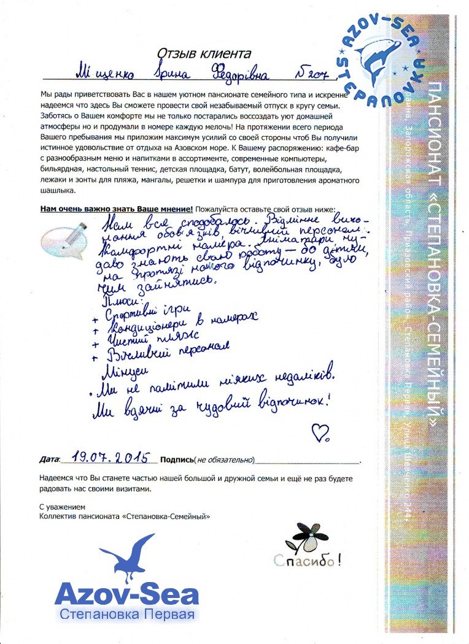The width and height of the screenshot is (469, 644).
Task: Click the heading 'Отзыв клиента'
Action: [204, 54]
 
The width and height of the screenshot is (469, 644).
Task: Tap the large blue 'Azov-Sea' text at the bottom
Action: [126, 594]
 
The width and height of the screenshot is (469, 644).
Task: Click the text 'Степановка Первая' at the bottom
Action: [126, 615]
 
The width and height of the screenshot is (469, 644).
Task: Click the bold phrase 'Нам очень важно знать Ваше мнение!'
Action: [116, 209]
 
